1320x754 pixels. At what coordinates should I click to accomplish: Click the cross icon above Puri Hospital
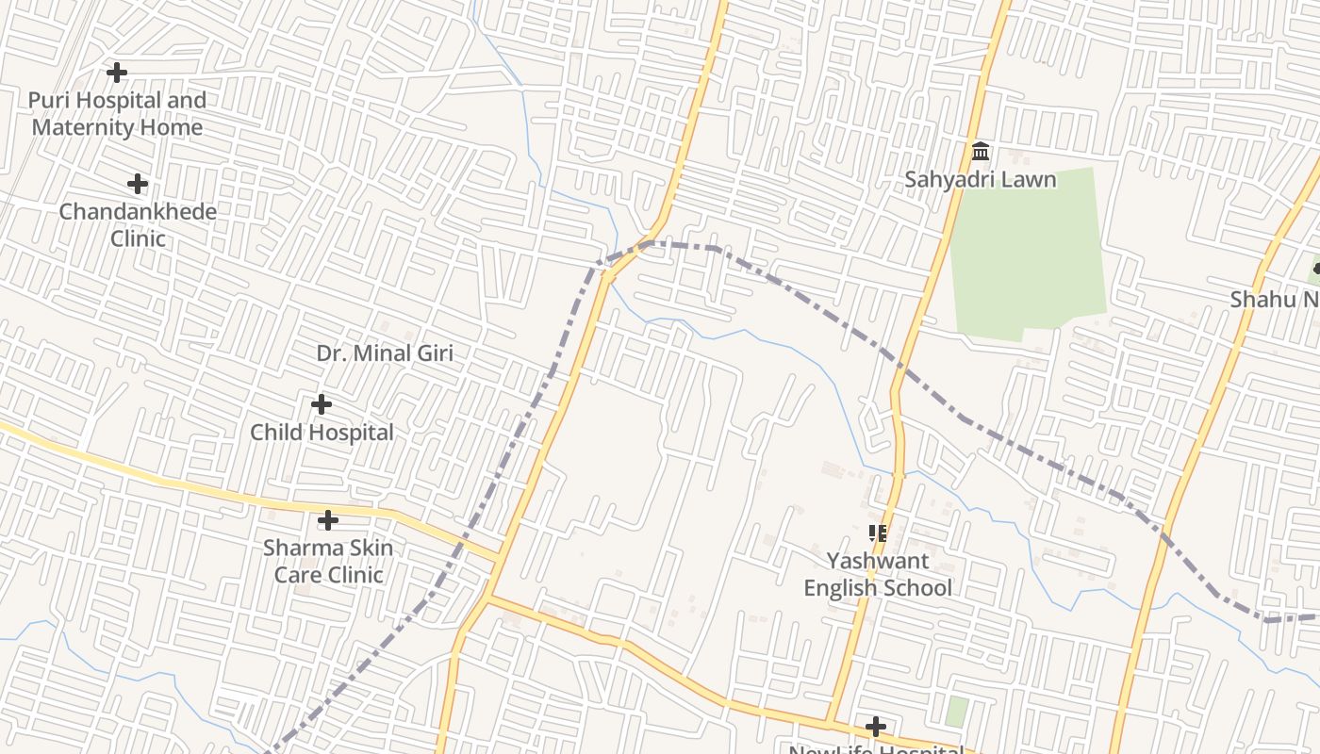click(x=117, y=72)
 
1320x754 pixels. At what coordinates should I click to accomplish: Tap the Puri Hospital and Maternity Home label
click(x=117, y=113)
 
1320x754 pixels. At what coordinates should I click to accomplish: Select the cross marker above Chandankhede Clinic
click(x=138, y=184)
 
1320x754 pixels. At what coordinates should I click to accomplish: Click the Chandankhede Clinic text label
click(x=138, y=224)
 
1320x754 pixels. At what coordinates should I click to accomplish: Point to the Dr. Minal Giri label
click(x=385, y=353)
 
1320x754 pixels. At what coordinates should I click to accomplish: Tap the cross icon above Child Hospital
click(x=322, y=404)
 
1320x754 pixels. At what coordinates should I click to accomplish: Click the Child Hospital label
click(x=322, y=433)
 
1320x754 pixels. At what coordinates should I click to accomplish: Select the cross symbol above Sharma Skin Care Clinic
click(x=328, y=520)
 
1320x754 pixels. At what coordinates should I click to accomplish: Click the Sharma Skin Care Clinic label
click(x=328, y=561)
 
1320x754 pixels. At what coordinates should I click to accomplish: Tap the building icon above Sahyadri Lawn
click(x=981, y=151)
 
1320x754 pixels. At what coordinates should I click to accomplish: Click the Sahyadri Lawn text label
click(x=981, y=179)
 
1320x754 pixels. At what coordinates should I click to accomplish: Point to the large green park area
click(x=1028, y=254)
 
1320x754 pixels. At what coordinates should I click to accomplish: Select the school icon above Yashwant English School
click(x=878, y=533)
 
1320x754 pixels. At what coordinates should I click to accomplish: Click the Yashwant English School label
click(x=878, y=574)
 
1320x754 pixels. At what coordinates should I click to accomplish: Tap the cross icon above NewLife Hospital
click(x=876, y=727)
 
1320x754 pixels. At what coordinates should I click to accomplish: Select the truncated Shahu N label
click(x=1274, y=300)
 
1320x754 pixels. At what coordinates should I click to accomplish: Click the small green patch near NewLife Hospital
click(x=956, y=712)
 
